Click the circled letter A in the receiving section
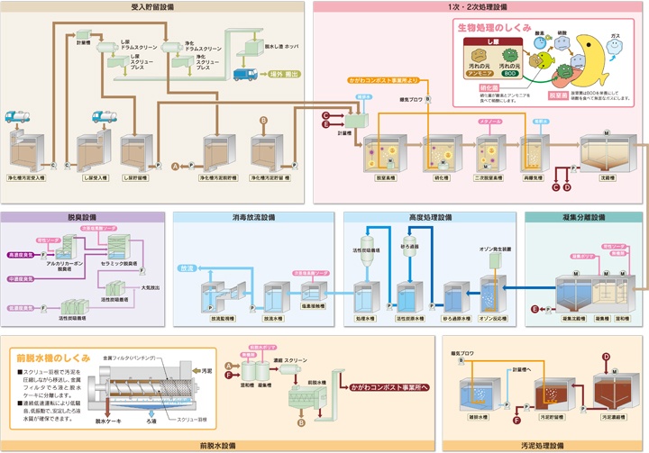(176, 166)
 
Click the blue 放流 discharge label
(187, 267)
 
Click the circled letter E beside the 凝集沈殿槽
(535, 310)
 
